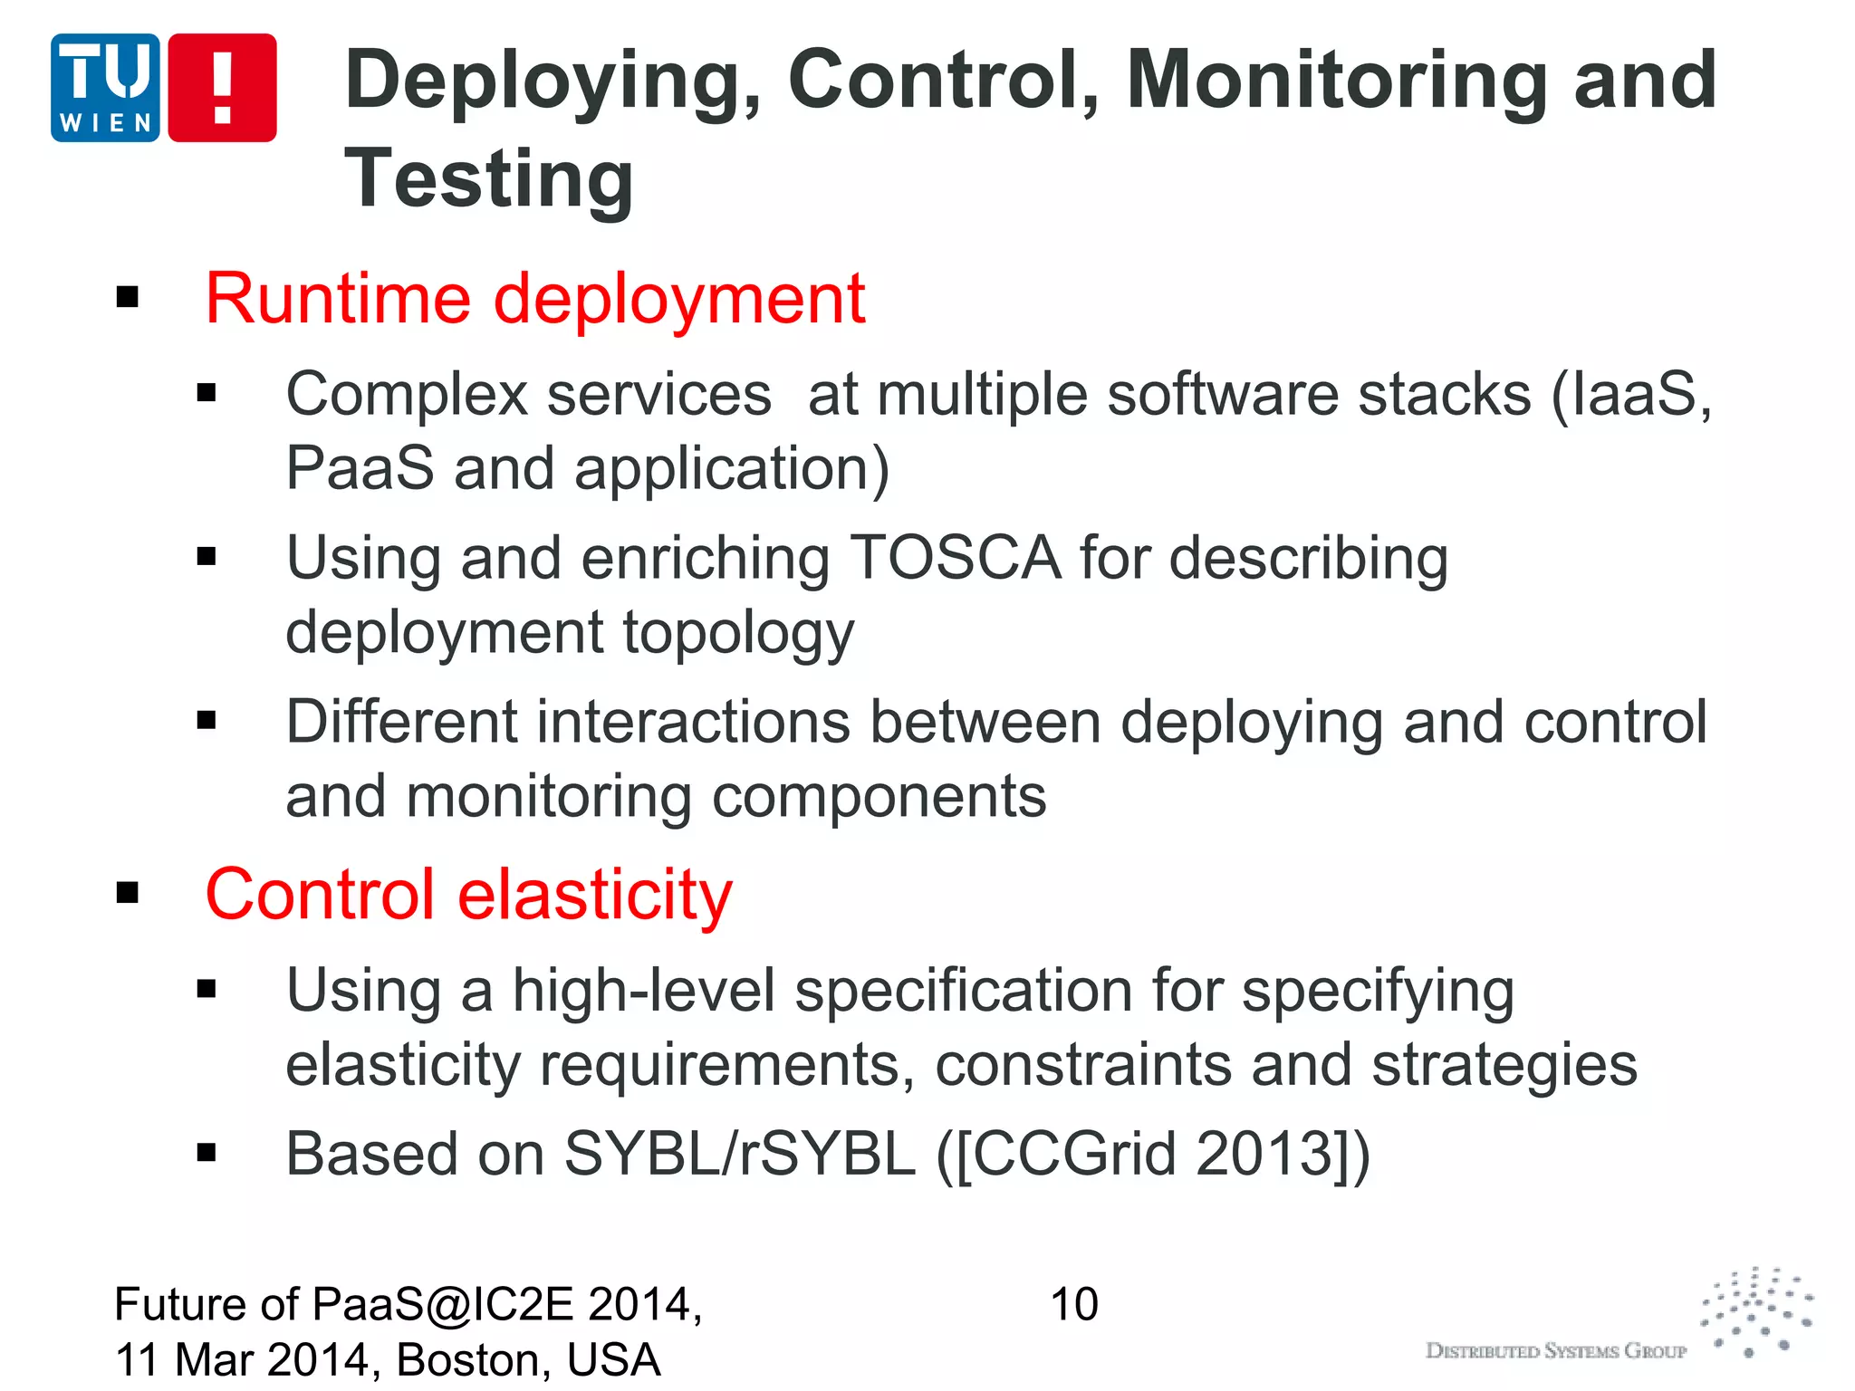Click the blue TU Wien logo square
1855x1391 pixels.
(105, 88)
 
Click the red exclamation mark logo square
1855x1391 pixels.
(222, 88)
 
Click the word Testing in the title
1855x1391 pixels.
(489, 178)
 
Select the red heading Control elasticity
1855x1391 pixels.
(468, 894)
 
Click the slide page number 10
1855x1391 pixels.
(1073, 1305)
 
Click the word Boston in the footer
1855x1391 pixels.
(471, 1359)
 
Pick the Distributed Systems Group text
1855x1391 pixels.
(1555, 1351)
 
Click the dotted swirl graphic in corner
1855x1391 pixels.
(1757, 1311)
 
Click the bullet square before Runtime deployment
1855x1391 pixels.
(128, 296)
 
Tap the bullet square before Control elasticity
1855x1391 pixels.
(128, 893)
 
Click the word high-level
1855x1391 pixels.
(644, 990)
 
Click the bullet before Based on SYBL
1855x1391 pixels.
(207, 1152)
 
